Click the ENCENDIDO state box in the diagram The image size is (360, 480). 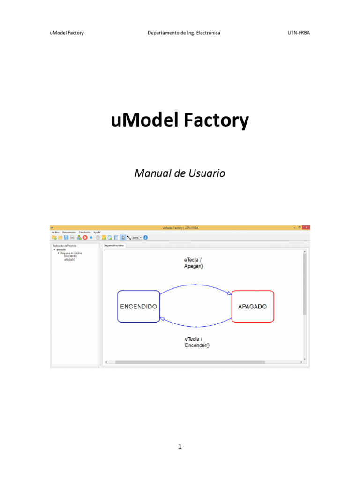point(138,307)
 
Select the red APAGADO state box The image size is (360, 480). point(252,307)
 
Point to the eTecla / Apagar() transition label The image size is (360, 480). point(194,262)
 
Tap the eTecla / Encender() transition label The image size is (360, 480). point(197,342)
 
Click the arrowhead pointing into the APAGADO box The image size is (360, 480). point(229,293)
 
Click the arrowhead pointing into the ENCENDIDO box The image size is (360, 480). point(162,319)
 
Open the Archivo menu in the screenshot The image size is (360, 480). point(55,232)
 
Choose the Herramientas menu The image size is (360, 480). point(69,232)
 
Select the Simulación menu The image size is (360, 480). point(85,232)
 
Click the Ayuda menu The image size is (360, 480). point(97,232)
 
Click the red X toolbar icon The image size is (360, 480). point(85,238)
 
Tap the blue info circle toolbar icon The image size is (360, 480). point(145,238)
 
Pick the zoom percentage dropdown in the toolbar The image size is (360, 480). point(137,238)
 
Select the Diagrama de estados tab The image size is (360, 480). point(114,245)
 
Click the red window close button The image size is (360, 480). point(306,227)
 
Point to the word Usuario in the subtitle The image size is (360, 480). point(206,173)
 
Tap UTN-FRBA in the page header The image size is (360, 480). point(299,33)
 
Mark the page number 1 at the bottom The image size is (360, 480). point(180,447)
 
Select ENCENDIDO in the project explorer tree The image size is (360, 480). point(71,256)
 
